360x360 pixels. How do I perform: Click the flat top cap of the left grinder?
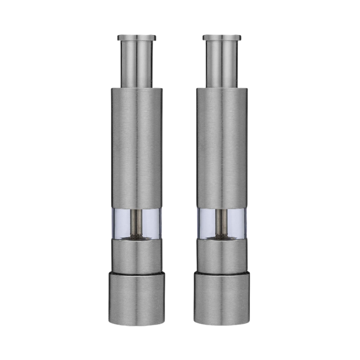(x=137, y=37)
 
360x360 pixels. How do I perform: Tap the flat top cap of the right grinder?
(x=222, y=37)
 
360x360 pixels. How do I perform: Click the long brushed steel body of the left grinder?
(x=137, y=148)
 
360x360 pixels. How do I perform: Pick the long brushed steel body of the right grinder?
(x=222, y=148)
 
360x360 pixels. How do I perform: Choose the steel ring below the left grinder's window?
(x=137, y=255)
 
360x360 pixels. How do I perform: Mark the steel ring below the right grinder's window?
(x=222, y=255)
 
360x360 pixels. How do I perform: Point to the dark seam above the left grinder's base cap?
(x=137, y=272)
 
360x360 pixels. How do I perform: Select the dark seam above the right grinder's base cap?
(x=222, y=272)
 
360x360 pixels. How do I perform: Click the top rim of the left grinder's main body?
(x=137, y=89)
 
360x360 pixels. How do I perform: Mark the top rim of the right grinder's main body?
(x=222, y=89)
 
